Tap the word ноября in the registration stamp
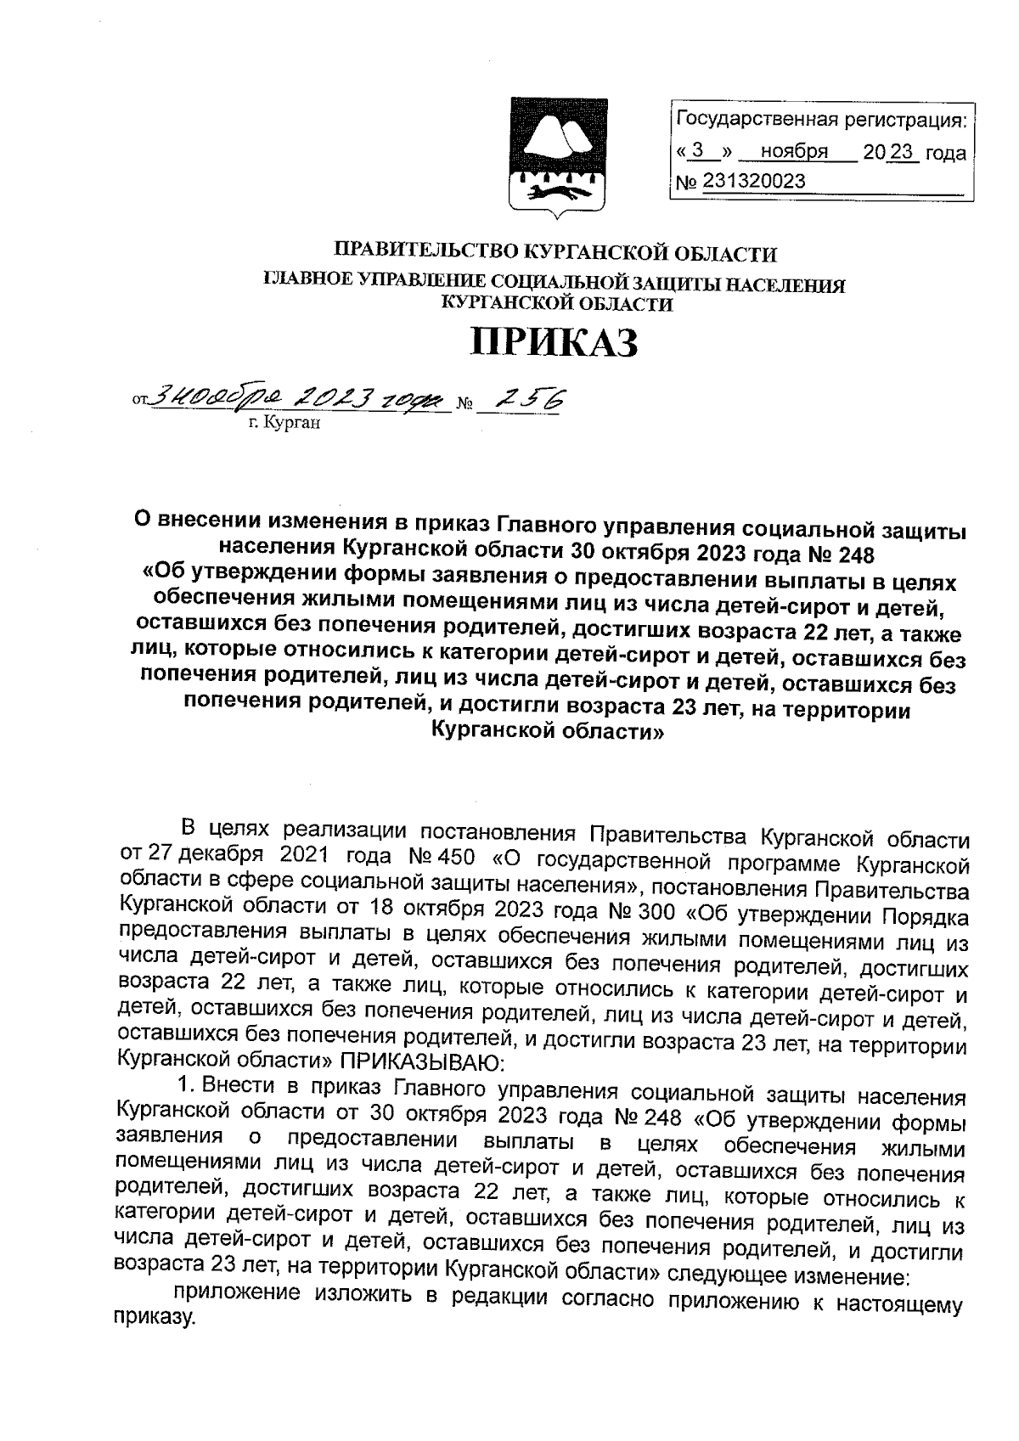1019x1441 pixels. [x=794, y=153]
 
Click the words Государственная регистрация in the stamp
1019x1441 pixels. [x=819, y=122]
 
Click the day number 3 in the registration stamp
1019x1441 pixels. [x=698, y=152]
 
